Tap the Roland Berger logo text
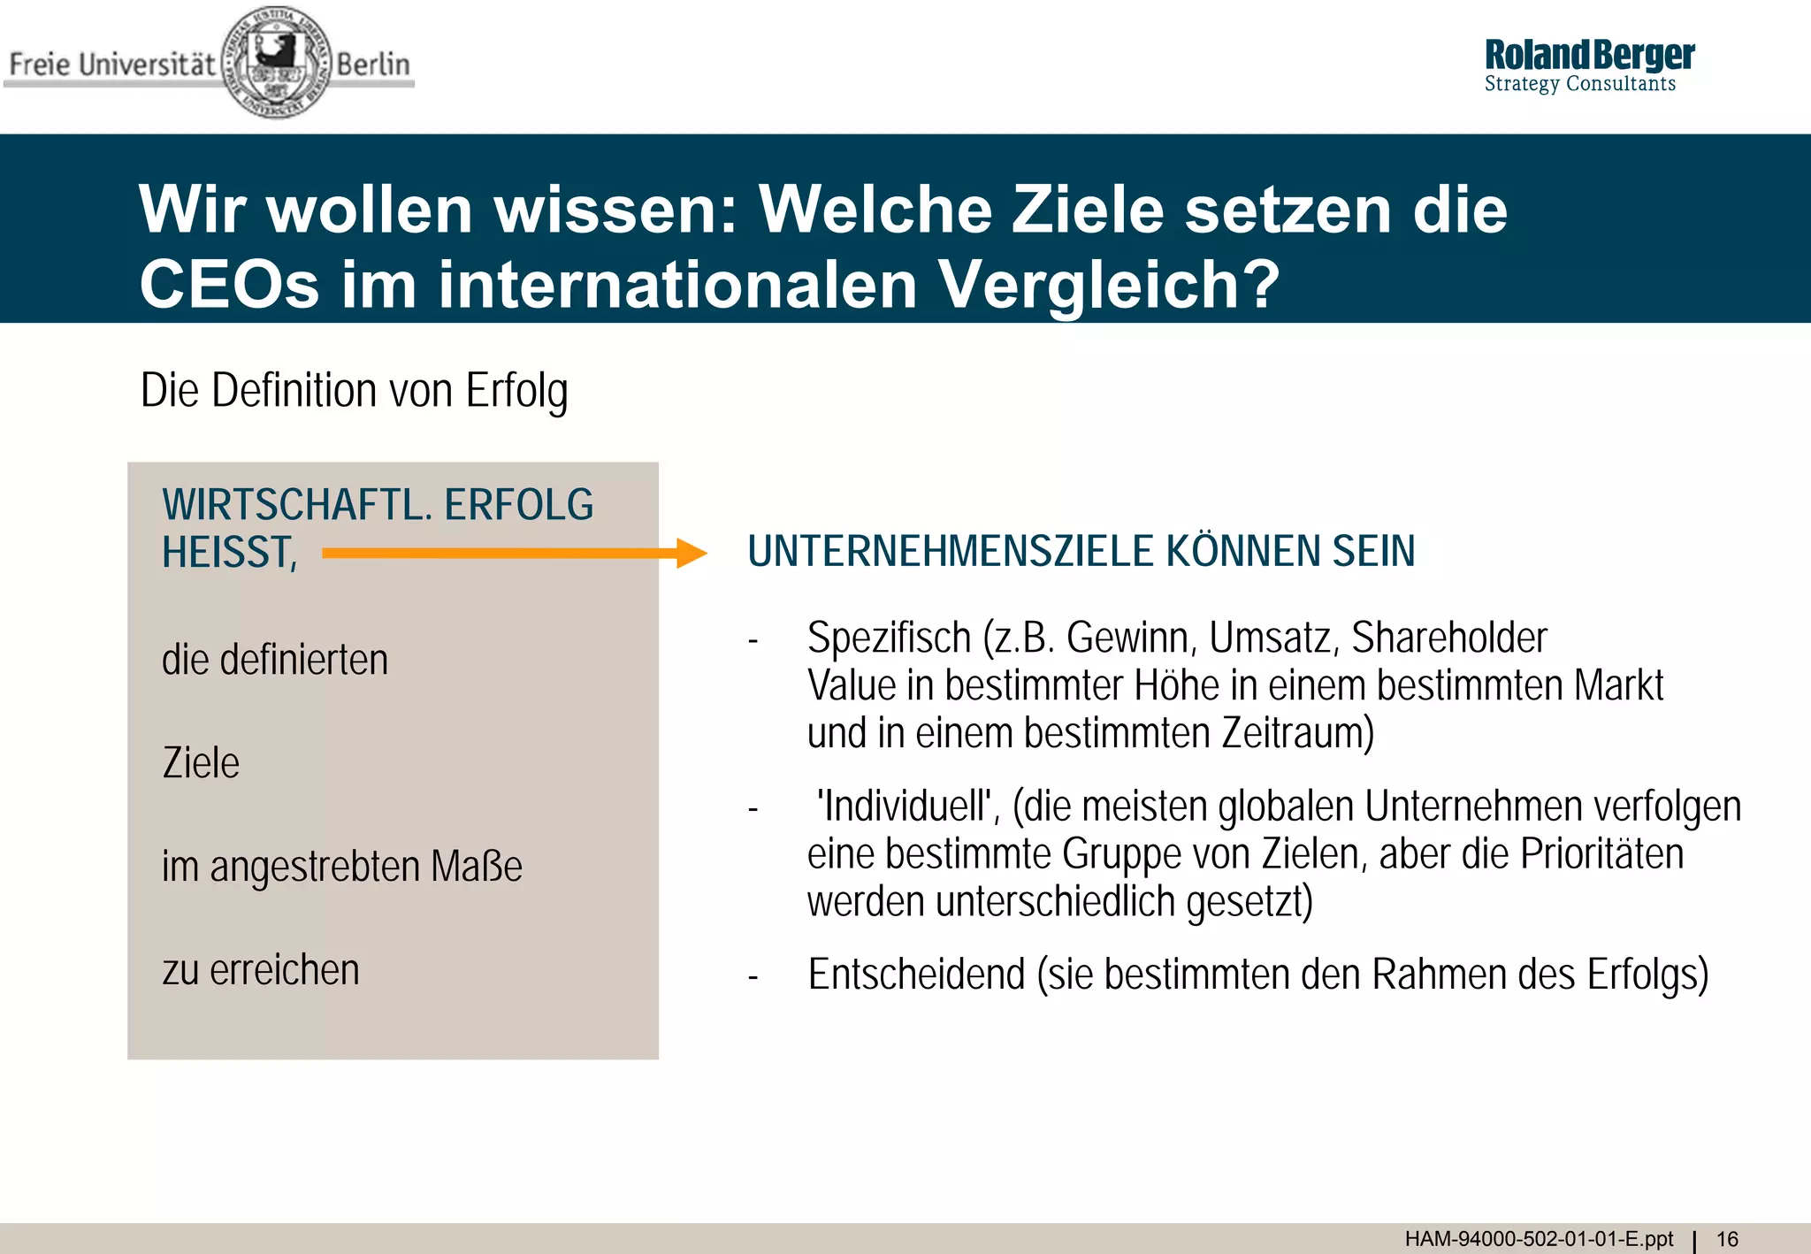[x=1588, y=56]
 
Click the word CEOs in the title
[x=229, y=285]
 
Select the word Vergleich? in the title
[x=1109, y=285]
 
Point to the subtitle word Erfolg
[x=516, y=391]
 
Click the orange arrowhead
[x=692, y=554]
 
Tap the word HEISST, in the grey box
[x=229, y=554]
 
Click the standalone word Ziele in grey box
[x=201, y=763]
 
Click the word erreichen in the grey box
[x=284, y=970]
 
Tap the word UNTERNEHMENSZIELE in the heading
[x=950, y=551]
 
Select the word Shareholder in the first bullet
[x=1448, y=638]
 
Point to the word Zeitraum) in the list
[x=1297, y=733]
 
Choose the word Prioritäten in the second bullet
[x=1601, y=854]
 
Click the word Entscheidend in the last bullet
[x=915, y=975]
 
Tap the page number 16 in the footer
[x=1727, y=1239]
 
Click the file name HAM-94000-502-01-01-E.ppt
[x=1539, y=1239]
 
